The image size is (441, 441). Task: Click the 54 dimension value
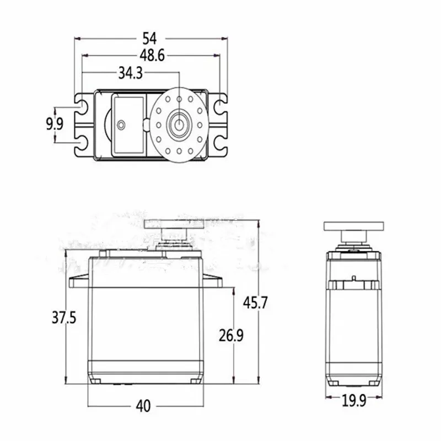pyautogui.click(x=149, y=39)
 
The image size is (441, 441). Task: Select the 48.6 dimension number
pyautogui.click(x=152, y=56)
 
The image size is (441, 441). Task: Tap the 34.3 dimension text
pyautogui.click(x=131, y=73)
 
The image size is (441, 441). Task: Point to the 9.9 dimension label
pyautogui.click(x=55, y=124)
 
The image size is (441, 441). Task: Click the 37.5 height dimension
pyautogui.click(x=64, y=318)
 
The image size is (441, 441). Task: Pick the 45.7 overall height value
pyautogui.click(x=255, y=303)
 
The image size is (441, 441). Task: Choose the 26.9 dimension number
pyautogui.click(x=231, y=335)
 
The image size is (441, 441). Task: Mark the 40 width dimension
pyautogui.click(x=143, y=406)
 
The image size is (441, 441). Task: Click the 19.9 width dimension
pyautogui.click(x=354, y=401)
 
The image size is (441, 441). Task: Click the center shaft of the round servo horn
pyautogui.click(x=179, y=125)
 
